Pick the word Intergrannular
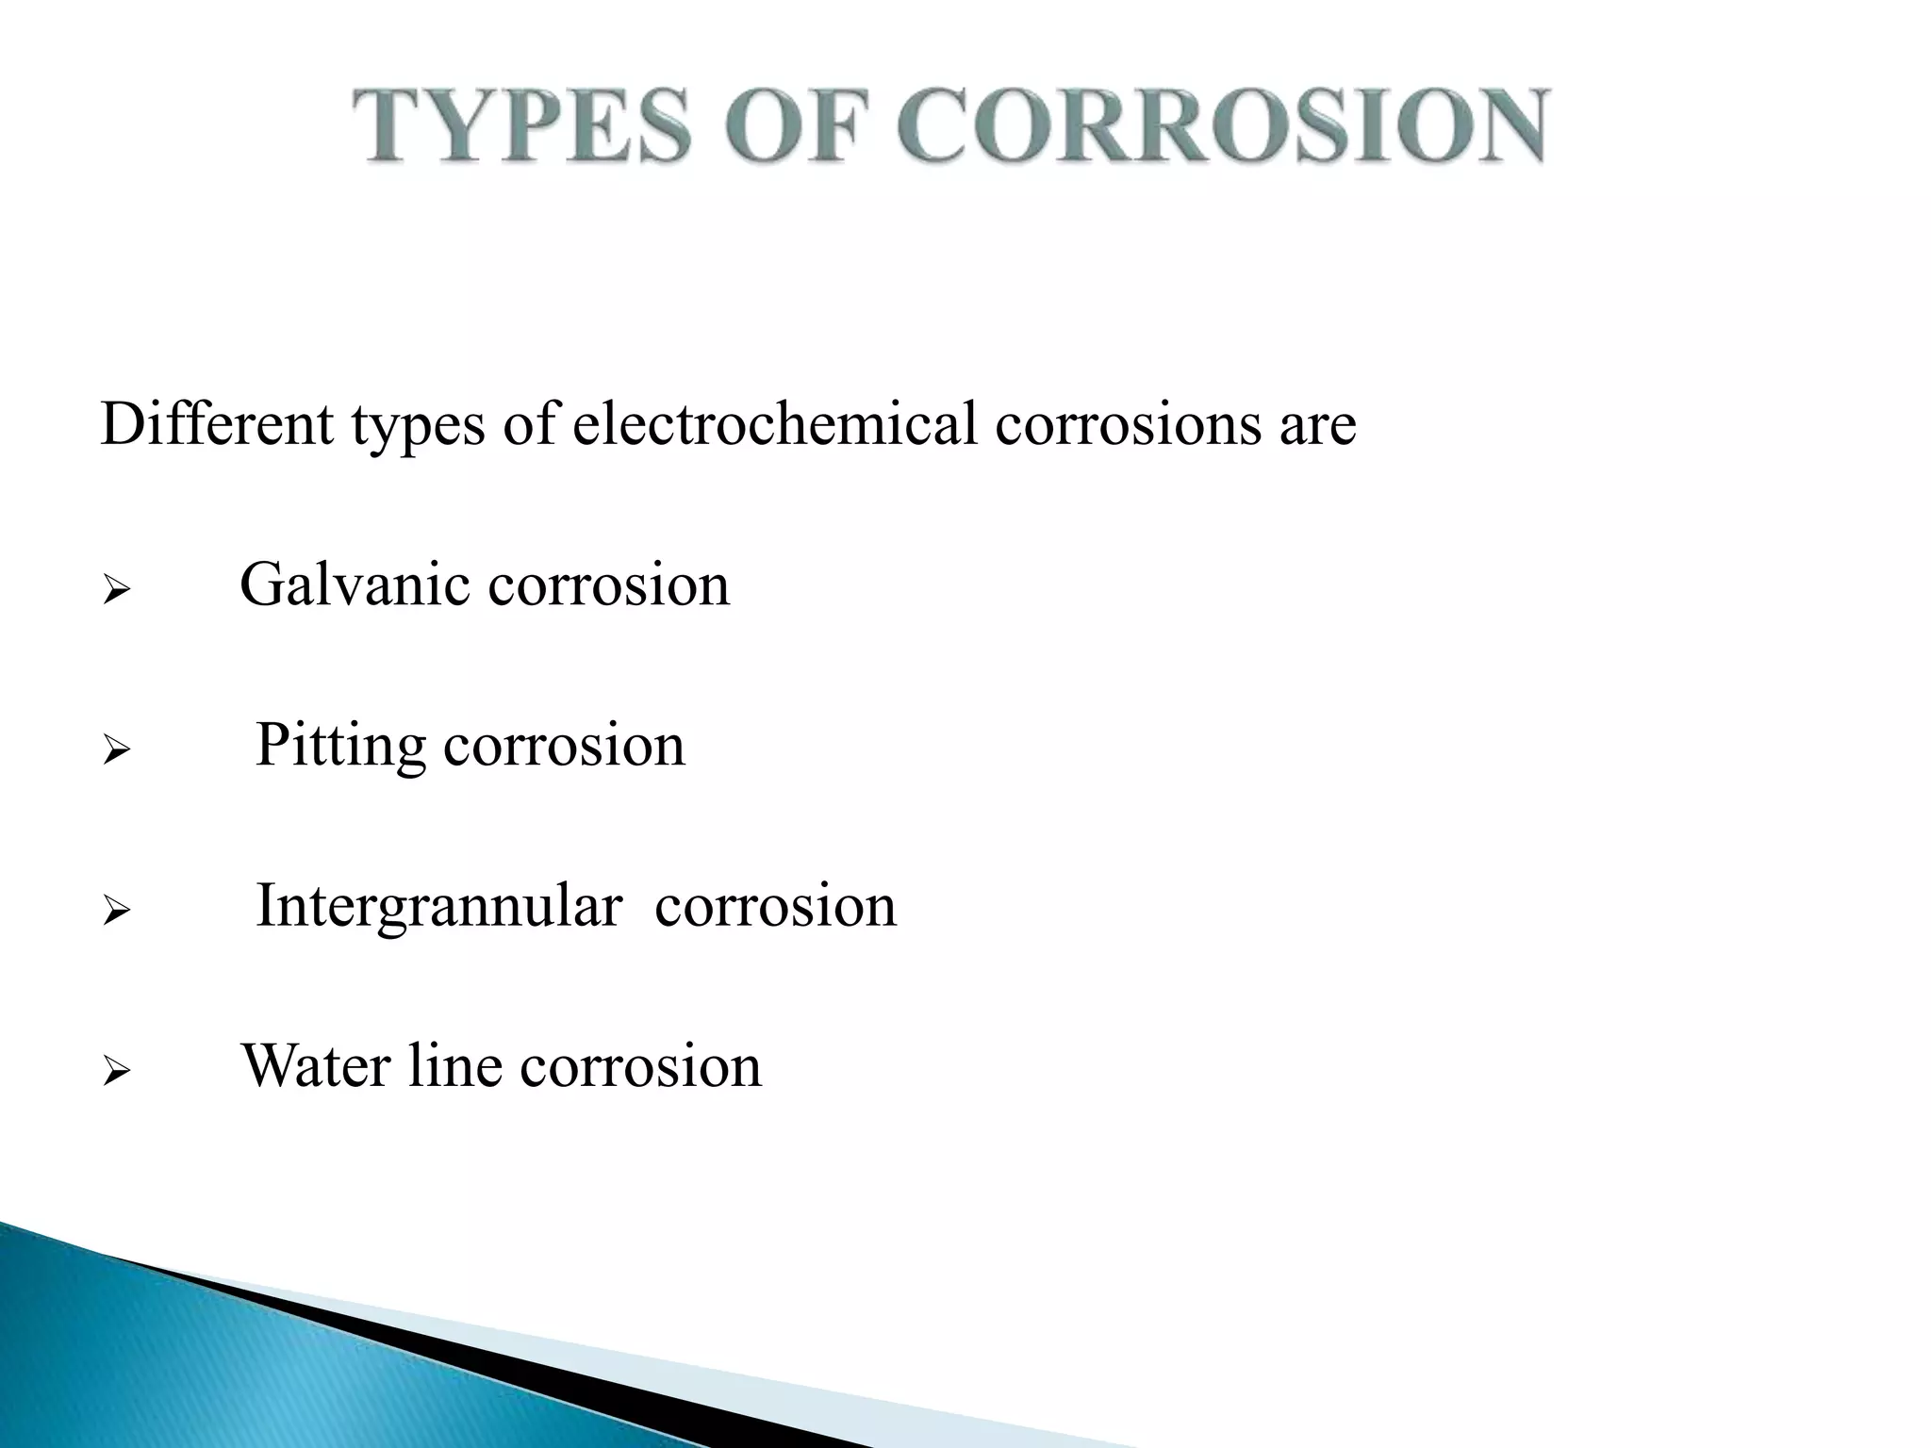pyautogui.click(x=438, y=908)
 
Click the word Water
pyautogui.click(x=316, y=1066)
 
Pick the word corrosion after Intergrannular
pyautogui.click(x=775, y=907)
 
